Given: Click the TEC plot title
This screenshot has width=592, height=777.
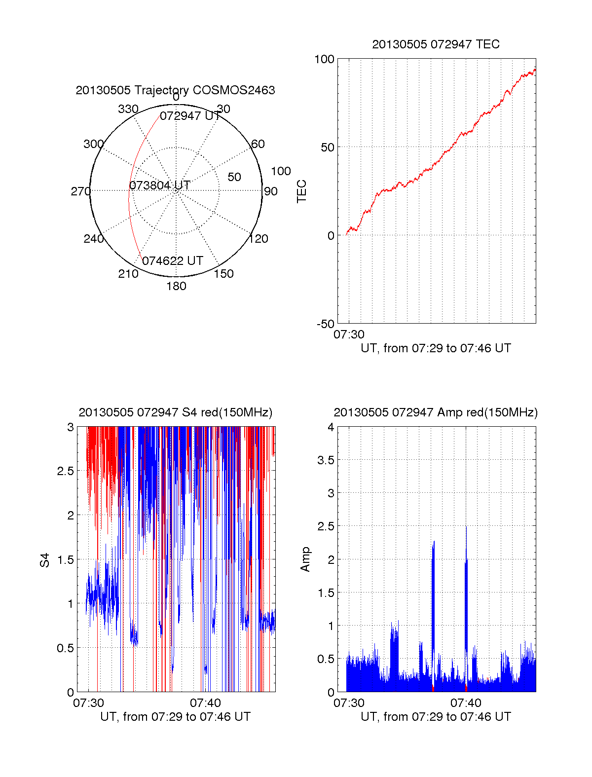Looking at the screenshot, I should coord(436,44).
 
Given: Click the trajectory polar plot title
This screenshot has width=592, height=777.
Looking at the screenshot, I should coord(175,90).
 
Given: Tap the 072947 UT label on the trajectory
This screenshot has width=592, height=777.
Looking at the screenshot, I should coord(190,116).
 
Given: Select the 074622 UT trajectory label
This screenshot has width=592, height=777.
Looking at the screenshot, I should coord(173,261).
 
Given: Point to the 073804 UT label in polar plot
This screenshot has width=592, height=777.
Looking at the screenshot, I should coord(159,185).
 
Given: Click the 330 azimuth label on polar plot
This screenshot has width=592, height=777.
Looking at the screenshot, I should coord(128,109).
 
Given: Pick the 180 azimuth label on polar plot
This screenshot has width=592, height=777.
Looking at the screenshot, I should coord(176,286).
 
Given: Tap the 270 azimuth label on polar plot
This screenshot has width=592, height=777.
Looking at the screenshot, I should coord(80,191).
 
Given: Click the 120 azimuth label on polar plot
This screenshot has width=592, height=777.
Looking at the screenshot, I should coord(259,239).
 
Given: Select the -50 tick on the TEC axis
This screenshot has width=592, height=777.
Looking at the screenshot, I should coord(326,324).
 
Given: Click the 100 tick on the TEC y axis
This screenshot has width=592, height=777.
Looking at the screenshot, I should coord(324,59).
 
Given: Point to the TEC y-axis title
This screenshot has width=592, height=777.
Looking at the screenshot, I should coord(301,191).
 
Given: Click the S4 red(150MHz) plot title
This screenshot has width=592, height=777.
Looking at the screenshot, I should coord(175,412).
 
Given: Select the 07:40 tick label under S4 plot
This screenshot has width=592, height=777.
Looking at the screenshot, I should coord(205,703).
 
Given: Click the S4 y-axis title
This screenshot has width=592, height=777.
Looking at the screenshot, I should coord(45,560).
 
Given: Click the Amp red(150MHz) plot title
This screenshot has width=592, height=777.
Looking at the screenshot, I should coord(436,412).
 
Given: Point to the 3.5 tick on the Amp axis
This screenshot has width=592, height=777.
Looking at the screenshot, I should coord(326,460).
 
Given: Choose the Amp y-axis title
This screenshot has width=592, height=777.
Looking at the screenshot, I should coord(305,559).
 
